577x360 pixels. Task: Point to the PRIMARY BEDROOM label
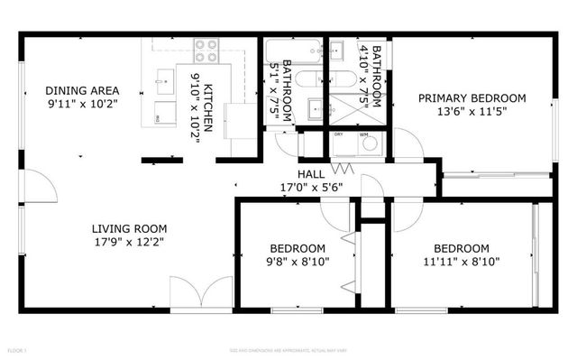472,98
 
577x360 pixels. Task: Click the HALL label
311,174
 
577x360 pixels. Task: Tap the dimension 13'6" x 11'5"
472,113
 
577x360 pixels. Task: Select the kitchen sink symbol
164,81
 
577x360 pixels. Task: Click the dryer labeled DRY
341,144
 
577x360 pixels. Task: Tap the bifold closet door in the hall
342,168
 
